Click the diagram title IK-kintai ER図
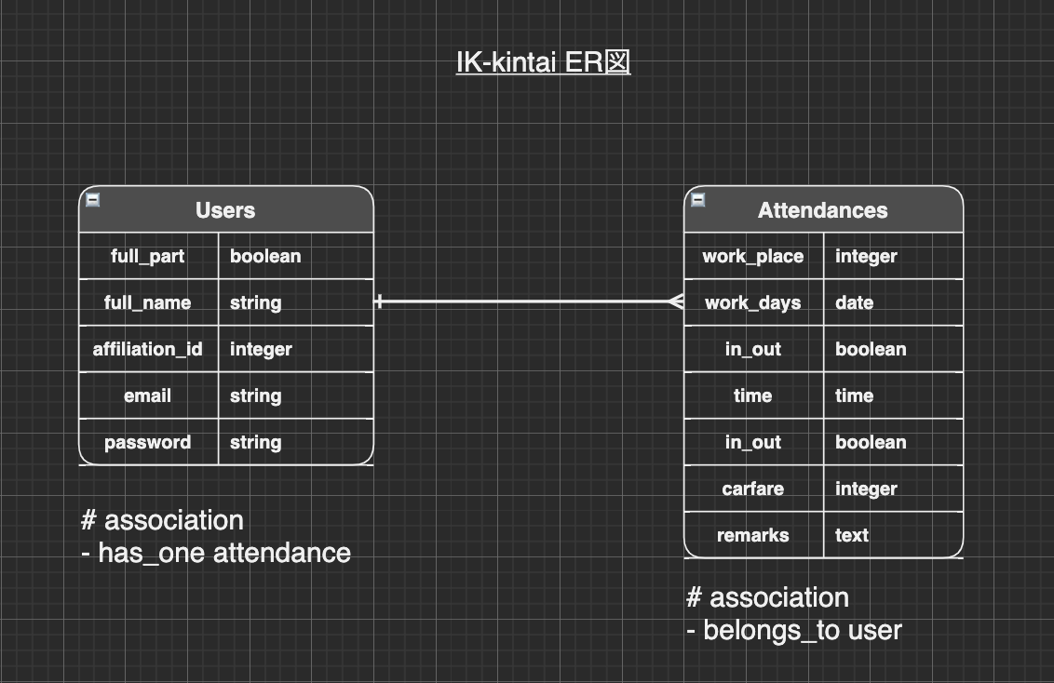(x=543, y=62)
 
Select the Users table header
(x=225, y=210)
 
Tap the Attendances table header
(x=823, y=210)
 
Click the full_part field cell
(x=148, y=256)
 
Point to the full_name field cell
(x=148, y=302)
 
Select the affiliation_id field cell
(x=148, y=349)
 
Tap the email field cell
(x=148, y=395)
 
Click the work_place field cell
(x=753, y=256)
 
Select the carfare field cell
(x=753, y=489)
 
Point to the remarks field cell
(x=753, y=535)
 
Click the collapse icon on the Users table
(x=93, y=199)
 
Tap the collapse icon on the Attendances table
(x=698, y=199)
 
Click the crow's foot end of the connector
(x=676, y=301)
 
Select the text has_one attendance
(x=223, y=553)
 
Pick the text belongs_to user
(x=802, y=630)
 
